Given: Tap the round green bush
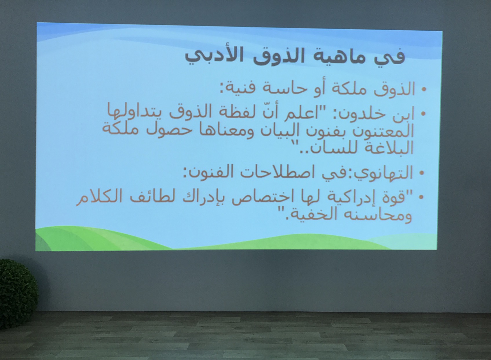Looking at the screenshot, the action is pyautogui.click(x=18, y=294).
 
